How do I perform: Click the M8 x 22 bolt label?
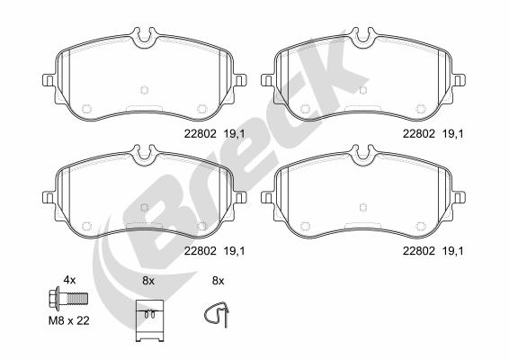tap(69, 321)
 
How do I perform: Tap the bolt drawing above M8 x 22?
tap(68, 298)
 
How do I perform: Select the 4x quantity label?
tap(69, 280)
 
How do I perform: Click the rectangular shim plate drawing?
tap(149, 320)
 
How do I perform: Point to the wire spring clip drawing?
tap(217, 313)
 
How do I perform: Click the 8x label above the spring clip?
tap(219, 281)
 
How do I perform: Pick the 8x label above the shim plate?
tap(148, 281)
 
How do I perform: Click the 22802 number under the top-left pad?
tap(200, 134)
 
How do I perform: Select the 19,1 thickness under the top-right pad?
tap(453, 134)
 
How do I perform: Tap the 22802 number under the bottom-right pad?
tap(419, 251)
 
